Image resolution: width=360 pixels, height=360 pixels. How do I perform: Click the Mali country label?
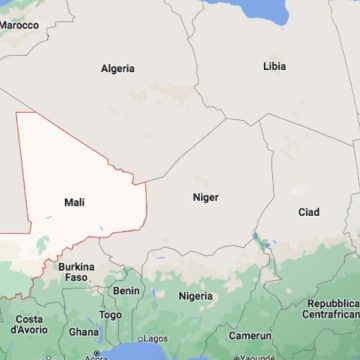coord(74,202)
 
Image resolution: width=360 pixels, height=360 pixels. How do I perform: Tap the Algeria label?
coord(118,69)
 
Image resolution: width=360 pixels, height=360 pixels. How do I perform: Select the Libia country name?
coord(273,66)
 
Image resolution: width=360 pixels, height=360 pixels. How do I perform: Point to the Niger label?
coord(205,198)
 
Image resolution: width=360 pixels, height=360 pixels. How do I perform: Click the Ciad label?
coord(309,212)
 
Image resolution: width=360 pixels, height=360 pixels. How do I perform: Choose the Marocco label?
coord(20,25)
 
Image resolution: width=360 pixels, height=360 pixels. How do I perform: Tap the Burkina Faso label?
coord(76,272)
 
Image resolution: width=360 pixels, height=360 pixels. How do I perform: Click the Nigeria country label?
coord(196,296)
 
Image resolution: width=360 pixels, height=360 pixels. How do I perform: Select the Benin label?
coord(126,291)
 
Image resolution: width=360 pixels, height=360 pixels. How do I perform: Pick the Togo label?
coord(110,315)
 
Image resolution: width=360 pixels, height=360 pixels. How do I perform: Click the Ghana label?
coord(84,332)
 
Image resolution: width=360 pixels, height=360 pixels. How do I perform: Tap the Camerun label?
coord(250,336)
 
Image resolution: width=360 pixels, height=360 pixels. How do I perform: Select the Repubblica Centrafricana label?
coord(333,309)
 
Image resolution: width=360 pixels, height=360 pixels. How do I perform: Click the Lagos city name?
coord(155,339)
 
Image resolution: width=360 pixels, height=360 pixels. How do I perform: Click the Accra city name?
coord(96,356)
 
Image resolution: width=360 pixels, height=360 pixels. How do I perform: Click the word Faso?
coord(76,278)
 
